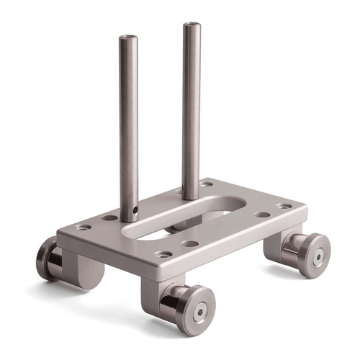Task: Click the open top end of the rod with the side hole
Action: [127, 39]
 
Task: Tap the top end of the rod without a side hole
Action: [191, 27]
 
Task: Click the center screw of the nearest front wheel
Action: [201, 310]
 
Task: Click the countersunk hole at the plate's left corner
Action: [84, 228]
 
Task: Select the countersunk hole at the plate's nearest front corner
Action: [164, 253]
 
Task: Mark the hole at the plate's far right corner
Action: [284, 205]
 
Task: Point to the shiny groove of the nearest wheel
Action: [176, 302]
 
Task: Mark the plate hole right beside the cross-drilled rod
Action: [109, 217]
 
